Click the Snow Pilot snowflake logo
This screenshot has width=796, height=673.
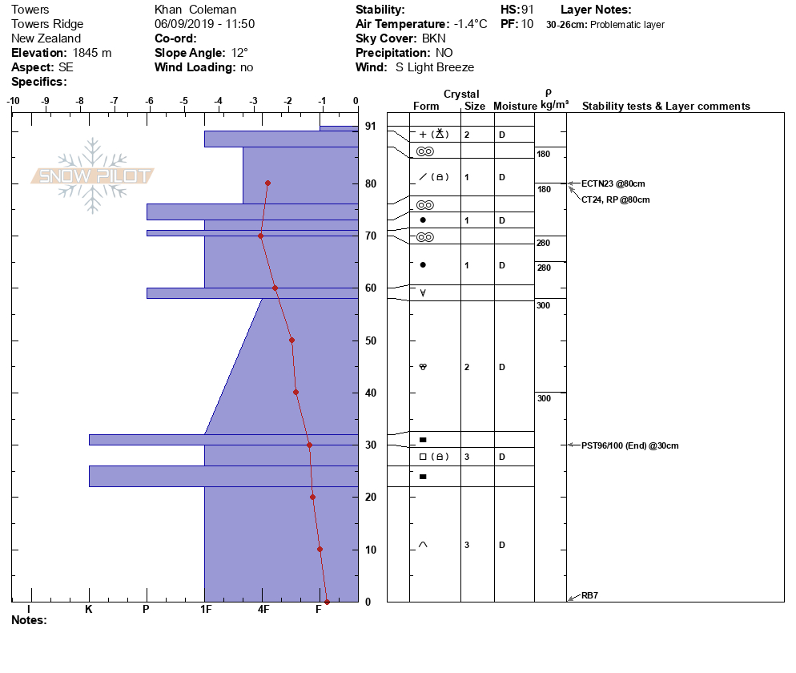click(x=92, y=175)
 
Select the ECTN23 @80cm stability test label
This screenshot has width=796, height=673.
click(x=613, y=183)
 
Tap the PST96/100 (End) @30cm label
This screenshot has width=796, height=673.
click(x=629, y=445)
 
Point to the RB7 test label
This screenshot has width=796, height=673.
click(x=589, y=595)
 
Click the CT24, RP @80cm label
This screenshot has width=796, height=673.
click(x=615, y=199)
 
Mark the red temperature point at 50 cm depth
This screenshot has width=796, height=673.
click(x=292, y=341)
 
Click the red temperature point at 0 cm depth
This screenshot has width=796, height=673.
click(x=327, y=602)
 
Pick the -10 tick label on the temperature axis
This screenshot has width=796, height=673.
click(x=13, y=101)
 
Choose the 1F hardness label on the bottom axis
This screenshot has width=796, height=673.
click(x=206, y=609)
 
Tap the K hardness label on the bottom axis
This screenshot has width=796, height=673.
click(x=89, y=609)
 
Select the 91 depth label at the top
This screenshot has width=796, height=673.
click(x=371, y=126)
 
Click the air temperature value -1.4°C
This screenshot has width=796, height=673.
click(x=470, y=24)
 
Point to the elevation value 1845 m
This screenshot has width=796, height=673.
click(x=92, y=53)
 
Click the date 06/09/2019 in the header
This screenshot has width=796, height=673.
click(x=178, y=24)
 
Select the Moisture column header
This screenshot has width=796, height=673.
click(x=515, y=106)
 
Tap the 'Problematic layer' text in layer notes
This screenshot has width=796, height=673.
click(x=627, y=24)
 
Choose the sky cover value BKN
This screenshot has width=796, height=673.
click(x=433, y=38)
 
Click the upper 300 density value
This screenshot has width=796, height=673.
click(x=543, y=305)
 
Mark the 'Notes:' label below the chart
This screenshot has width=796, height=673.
click(x=29, y=619)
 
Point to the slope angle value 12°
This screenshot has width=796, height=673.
click(x=239, y=53)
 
